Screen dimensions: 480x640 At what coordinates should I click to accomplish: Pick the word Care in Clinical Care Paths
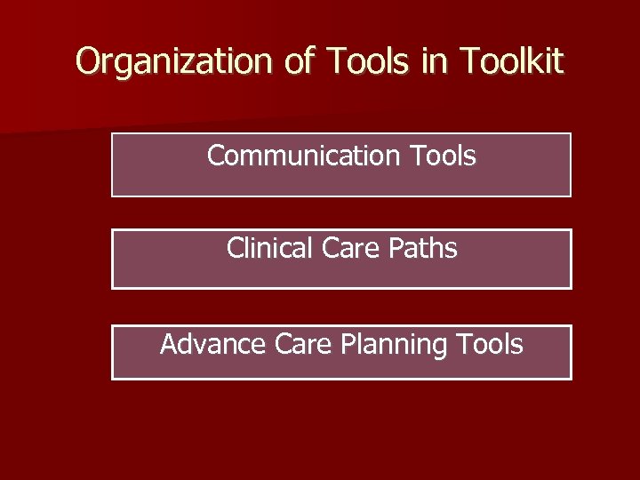tap(348, 249)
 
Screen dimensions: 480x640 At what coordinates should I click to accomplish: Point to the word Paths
tap(423, 249)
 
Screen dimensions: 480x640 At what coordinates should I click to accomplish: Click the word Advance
tap(209, 345)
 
